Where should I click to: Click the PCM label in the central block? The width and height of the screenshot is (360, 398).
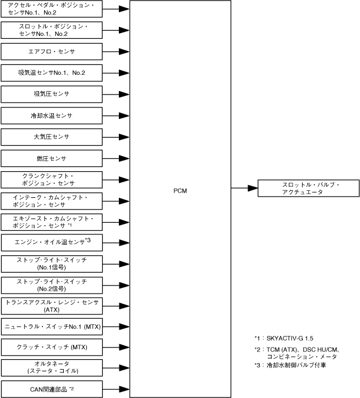180,190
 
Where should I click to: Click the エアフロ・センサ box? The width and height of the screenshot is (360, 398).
52,52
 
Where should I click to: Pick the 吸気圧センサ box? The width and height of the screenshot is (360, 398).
52,94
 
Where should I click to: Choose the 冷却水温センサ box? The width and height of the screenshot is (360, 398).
52,115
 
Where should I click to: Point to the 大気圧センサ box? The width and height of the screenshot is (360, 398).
52,137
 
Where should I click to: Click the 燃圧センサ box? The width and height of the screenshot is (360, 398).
52,158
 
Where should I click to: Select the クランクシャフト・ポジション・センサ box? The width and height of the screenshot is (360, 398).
52,180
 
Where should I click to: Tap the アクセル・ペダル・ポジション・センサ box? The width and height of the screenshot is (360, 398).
52,9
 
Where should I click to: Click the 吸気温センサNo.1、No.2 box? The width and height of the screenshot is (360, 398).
52,73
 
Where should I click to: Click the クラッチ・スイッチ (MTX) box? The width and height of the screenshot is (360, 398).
52,348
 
